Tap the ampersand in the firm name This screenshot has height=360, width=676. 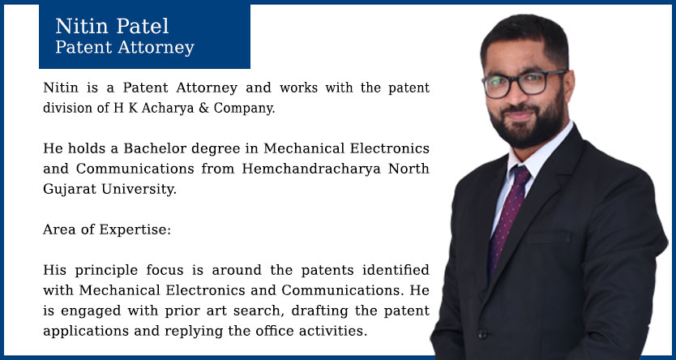pos(203,108)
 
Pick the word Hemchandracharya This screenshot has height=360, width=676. pos(311,169)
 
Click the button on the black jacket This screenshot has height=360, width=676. pos(483,334)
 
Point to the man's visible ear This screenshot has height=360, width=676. pos(569,86)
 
